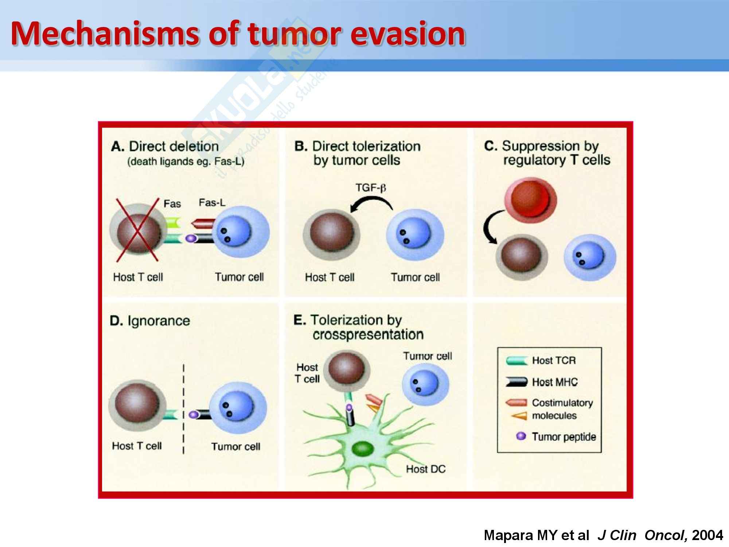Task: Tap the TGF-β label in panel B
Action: click(x=371, y=188)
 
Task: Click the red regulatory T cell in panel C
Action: click(x=530, y=201)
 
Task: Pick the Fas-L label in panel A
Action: click(x=212, y=203)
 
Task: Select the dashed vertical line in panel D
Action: click(x=183, y=408)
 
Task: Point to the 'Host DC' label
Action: click(x=426, y=469)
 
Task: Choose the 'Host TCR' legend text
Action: click(x=554, y=361)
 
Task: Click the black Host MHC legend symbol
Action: click(x=516, y=382)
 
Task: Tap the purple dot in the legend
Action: click(x=521, y=436)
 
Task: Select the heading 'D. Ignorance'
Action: click(x=150, y=321)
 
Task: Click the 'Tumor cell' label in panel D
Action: click(x=236, y=446)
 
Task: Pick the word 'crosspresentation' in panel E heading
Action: click(x=368, y=334)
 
